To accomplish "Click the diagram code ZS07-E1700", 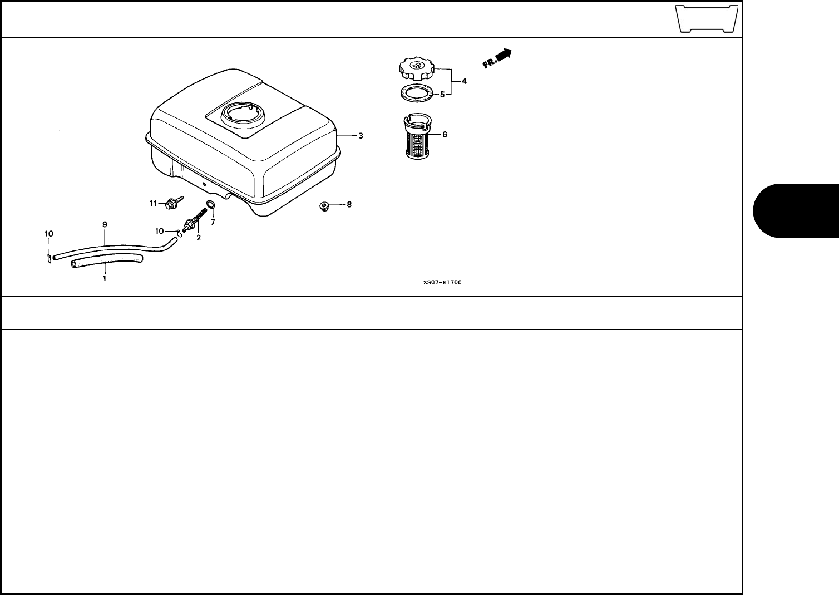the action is pyautogui.click(x=442, y=282).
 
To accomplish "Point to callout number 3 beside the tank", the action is pyautogui.click(x=361, y=135).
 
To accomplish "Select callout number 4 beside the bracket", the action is pyautogui.click(x=464, y=81).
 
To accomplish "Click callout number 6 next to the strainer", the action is pyautogui.click(x=444, y=134).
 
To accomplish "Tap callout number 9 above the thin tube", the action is pyautogui.click(x=104, y=224).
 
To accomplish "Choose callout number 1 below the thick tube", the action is pyautogui.click(x=104, y=277).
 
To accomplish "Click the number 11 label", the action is pyautogui.click(x=153, y=204).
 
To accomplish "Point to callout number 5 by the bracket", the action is pyautogui.click(x=442, y=95).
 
